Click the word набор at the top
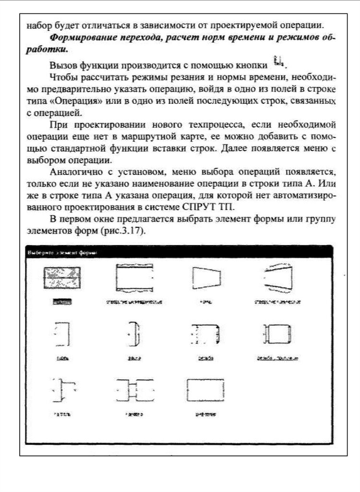click(36, 25)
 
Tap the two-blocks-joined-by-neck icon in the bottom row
click(135, 390)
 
